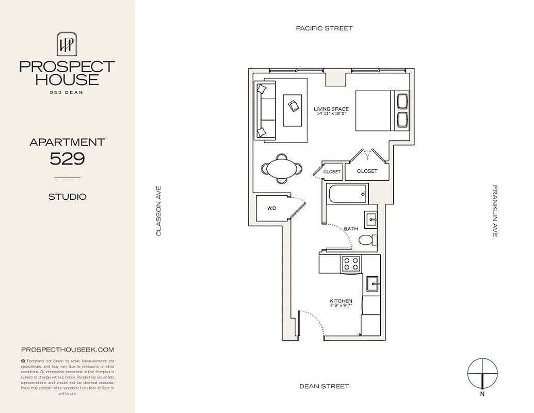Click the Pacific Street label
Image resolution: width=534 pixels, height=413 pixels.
pyautogui.click(x=324, y=28)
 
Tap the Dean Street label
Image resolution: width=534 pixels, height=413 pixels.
pyautogui.click(x=324, y=386)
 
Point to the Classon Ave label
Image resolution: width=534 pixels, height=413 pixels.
pyautogui.click(x=159, y=211)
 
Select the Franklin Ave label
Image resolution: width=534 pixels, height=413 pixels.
pyautogui.click(x=494, y=211)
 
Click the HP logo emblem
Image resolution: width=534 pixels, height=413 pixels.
pyautogui.click(x=67, y=45)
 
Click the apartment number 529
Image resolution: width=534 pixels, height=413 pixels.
pyautogui.click(x=67, y=159)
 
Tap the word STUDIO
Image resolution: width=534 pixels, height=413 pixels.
pyautogui.click(x=67, y=197)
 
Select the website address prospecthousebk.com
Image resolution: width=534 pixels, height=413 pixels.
pyautogui.click(x=67, y=350)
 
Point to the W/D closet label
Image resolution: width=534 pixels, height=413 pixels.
pyautogui.click(x=271, y=209)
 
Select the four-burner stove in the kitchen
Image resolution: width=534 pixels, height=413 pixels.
pyautogui.click(x=351, y=264)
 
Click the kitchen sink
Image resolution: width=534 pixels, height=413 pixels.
pyautogui.click(x=372, y=284)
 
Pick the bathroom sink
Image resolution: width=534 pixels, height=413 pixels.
pyautogui.click(x=371, y=219)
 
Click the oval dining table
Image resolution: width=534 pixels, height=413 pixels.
pyautogui.click(x=282, y=168)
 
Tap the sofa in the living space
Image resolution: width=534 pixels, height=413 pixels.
pyautogui.click(x=266, y=110)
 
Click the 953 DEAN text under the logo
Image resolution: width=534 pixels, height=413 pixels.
pyautogui.click(x=67, y=92)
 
